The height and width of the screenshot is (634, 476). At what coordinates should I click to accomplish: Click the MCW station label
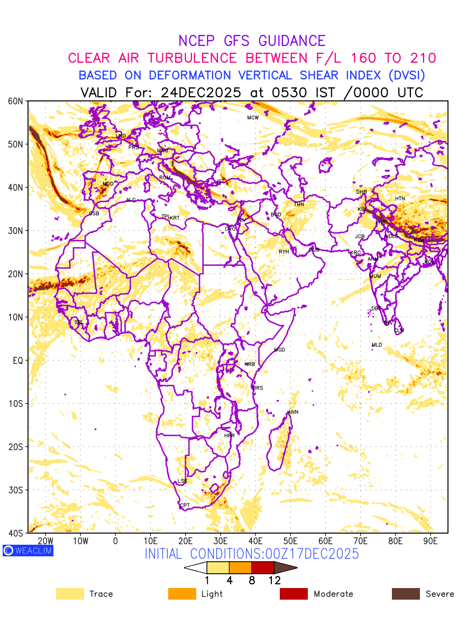(x=253, y=118)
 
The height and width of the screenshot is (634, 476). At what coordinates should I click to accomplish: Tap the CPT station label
(x=185, y=506)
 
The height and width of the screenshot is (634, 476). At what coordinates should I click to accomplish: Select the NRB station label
(x=250, y=365)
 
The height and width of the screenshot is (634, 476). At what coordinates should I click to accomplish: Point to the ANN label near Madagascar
(x=293, y=412)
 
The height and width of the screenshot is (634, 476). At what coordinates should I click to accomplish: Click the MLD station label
(x=377, y=345)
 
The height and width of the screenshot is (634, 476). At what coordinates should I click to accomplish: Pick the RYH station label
(x=284, y=252)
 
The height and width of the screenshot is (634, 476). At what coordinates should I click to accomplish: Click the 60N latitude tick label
(x=16, y=101)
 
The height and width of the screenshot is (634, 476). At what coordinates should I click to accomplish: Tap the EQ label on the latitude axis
(x=17, y=360)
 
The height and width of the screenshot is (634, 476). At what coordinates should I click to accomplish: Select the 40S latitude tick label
(x=16, y=533)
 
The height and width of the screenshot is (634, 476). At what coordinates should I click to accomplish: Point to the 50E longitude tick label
(x=290, y=541)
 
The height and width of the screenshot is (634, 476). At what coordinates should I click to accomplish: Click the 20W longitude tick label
(x=46, y=541)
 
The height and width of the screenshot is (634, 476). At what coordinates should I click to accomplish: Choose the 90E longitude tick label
(x=431, y=541)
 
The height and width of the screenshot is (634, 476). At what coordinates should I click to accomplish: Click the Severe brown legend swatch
(x=406, y=594)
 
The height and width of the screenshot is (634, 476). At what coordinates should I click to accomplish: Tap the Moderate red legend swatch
(x=294, y=594)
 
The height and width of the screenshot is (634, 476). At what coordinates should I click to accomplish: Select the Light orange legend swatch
(x=182, y=594)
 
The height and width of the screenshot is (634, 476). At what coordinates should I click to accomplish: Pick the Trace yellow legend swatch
(x=70, y=594)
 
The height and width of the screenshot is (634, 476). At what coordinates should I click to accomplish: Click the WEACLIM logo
(x=28, y=551)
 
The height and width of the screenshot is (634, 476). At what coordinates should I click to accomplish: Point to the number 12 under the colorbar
(x=274, y=580)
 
